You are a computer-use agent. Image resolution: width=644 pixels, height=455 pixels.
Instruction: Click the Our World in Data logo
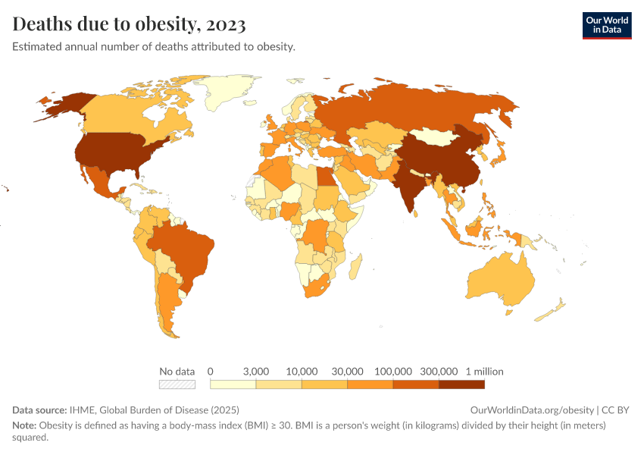coord(606,25)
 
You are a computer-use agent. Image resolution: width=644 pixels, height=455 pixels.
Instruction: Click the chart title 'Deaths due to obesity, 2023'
coord(129,25)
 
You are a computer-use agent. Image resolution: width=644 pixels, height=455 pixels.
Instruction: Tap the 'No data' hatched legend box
coord(177,384)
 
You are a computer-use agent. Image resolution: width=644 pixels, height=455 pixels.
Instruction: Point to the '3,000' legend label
coord(256,372)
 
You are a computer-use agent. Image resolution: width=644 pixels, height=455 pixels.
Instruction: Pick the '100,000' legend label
coord(393,372)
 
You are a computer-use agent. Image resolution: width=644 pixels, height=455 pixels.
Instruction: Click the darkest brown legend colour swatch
coord(461,384)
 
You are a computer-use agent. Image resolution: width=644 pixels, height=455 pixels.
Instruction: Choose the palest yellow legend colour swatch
coord(233,384)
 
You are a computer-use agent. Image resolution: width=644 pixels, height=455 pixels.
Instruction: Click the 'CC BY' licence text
coord(615,410)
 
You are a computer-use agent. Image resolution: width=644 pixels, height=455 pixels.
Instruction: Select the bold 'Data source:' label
coord(39,410)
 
